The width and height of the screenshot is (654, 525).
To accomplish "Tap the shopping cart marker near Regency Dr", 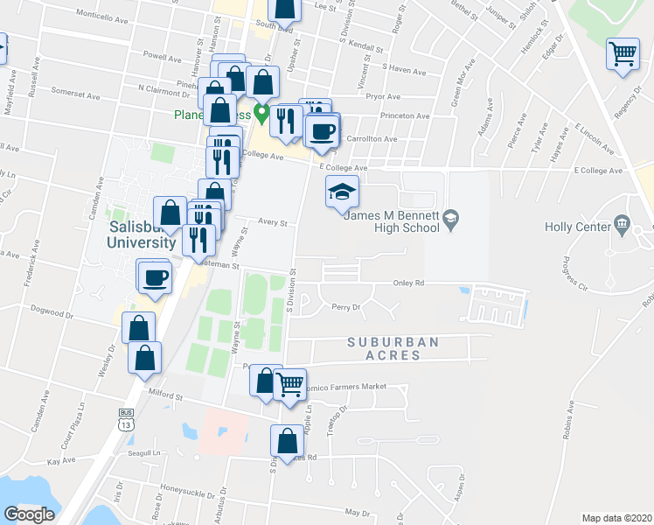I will tap(623, 55).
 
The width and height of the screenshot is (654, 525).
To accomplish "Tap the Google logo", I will tap(29, 514).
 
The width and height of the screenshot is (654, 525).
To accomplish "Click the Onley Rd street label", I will tap(408, 283).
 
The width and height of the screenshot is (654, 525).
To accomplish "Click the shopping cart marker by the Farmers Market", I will tap(289, 384).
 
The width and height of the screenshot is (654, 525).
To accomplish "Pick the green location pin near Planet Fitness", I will tap(261, 114).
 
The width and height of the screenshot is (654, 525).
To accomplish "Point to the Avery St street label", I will tap(272, 223).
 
